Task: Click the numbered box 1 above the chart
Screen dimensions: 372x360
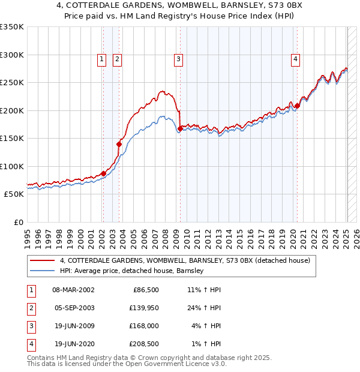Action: (x=101, y=59)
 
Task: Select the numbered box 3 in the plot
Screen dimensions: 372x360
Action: (x=179, y=59)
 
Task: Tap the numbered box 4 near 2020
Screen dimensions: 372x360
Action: (x=296, y=59)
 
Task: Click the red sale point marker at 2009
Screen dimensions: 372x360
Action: (x=181, y=128)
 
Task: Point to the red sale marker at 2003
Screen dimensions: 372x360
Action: (x=119, y=144)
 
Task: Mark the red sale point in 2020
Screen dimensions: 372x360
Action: (x=297, y=106)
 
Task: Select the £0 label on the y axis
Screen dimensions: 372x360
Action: (x=18, y=223)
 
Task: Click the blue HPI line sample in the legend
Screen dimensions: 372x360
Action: (x=43, y=271)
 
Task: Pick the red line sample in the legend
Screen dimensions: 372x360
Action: (x=43, y=260)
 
